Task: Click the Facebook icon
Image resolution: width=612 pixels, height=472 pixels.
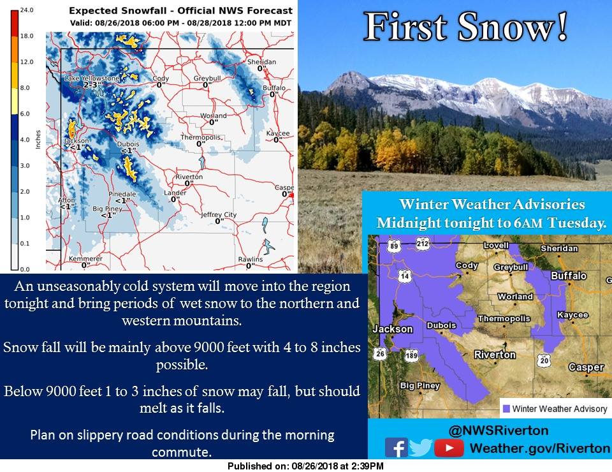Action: click(x=396, y=447)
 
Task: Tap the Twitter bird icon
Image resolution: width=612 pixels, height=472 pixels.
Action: click(x=421, y=447)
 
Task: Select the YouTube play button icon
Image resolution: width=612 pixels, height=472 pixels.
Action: click(x=448, y=448)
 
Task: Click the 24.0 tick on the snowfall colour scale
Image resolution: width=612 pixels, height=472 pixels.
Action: click(x=27, y=10)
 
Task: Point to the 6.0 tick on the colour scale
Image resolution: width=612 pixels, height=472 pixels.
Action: click(x=25, y=114)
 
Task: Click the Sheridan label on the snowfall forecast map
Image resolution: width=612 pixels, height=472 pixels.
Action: click(x=261, y=62)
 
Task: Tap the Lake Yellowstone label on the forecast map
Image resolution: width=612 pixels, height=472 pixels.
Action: click(x=92, y=78)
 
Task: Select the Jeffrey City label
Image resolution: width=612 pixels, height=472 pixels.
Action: click(x=219, y=215)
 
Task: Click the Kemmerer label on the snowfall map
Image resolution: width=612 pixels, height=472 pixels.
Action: click(x=85, y=258)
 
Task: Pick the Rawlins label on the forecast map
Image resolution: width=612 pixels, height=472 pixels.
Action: click(x=250, y=259)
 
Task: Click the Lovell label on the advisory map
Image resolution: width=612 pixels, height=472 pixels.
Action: click(x=496, y=245)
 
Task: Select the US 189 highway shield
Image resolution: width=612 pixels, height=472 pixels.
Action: click(x=411, y=355)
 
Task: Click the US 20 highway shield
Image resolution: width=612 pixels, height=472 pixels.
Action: click(x=544, y=360)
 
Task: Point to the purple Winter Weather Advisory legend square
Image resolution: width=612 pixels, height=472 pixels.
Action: click(x=506, y=408)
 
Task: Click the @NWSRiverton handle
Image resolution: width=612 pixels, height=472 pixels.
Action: click(x=499, y=431)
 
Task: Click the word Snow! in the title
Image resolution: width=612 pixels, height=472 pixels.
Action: click(x=513, y=27)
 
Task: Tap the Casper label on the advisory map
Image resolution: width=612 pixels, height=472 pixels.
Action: click(x=586, y=367)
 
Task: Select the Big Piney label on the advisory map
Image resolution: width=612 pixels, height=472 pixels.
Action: click(x=420, y=386)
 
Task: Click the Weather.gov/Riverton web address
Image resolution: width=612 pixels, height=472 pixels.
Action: click(x=540, y=448)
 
